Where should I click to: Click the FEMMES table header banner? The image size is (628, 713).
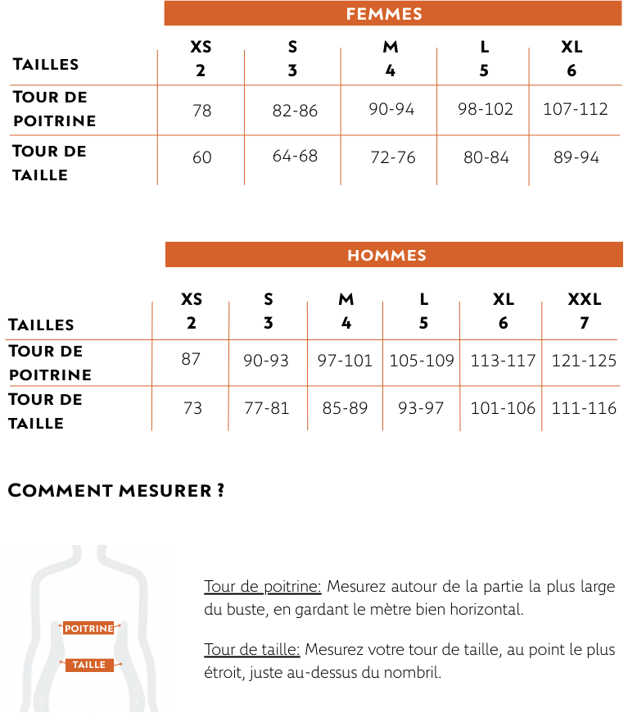pos(384,14)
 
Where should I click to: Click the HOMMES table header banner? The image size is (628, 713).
pos(386,255)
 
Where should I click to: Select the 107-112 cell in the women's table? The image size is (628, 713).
pos(575,109)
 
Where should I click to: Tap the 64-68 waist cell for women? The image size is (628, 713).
pos(295,156)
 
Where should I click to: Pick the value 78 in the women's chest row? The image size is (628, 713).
pos(201,110)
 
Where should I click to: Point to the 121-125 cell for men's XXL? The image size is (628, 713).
pos(584,360)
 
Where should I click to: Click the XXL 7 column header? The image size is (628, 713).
pos(584,311)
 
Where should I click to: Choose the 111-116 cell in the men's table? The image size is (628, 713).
pos(584,407)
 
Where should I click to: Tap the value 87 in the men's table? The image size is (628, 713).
pos(191,359)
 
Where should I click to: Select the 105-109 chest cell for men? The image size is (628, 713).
pos(422,360)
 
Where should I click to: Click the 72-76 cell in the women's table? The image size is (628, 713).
pos(393,157)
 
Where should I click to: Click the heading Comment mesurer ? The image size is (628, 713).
pos(116,491)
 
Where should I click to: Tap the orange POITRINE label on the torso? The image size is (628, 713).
pos(89,629)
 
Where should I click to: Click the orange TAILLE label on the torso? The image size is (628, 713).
pos(89,665)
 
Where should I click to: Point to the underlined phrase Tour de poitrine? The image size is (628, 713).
pos(262,587)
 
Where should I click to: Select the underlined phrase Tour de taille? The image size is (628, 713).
pos(252,651)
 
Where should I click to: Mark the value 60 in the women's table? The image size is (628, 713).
pos(201,157)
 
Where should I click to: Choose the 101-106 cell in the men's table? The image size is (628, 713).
pos(503,407)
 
